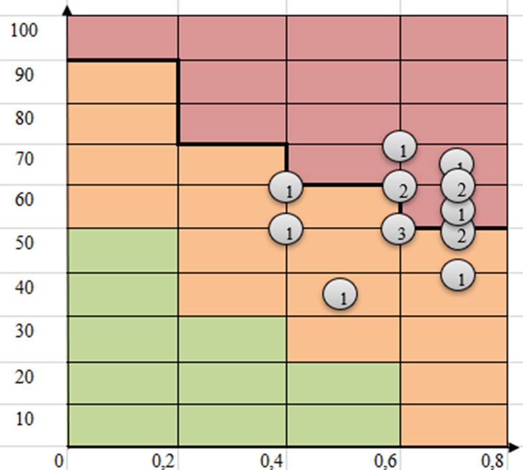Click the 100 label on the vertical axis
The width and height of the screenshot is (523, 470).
click(28, 30)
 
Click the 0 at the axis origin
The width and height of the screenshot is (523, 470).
click(62, 461)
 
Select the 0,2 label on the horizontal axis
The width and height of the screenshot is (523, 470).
click(162, 462)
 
